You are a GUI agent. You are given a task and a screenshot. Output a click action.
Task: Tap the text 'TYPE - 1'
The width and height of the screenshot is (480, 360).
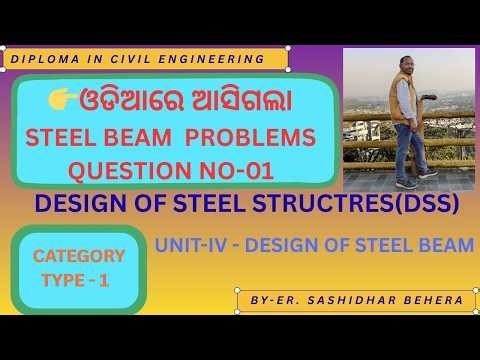click(76, 283)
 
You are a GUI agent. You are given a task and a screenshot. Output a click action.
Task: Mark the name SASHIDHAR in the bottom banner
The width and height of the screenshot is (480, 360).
click(356, 300)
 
